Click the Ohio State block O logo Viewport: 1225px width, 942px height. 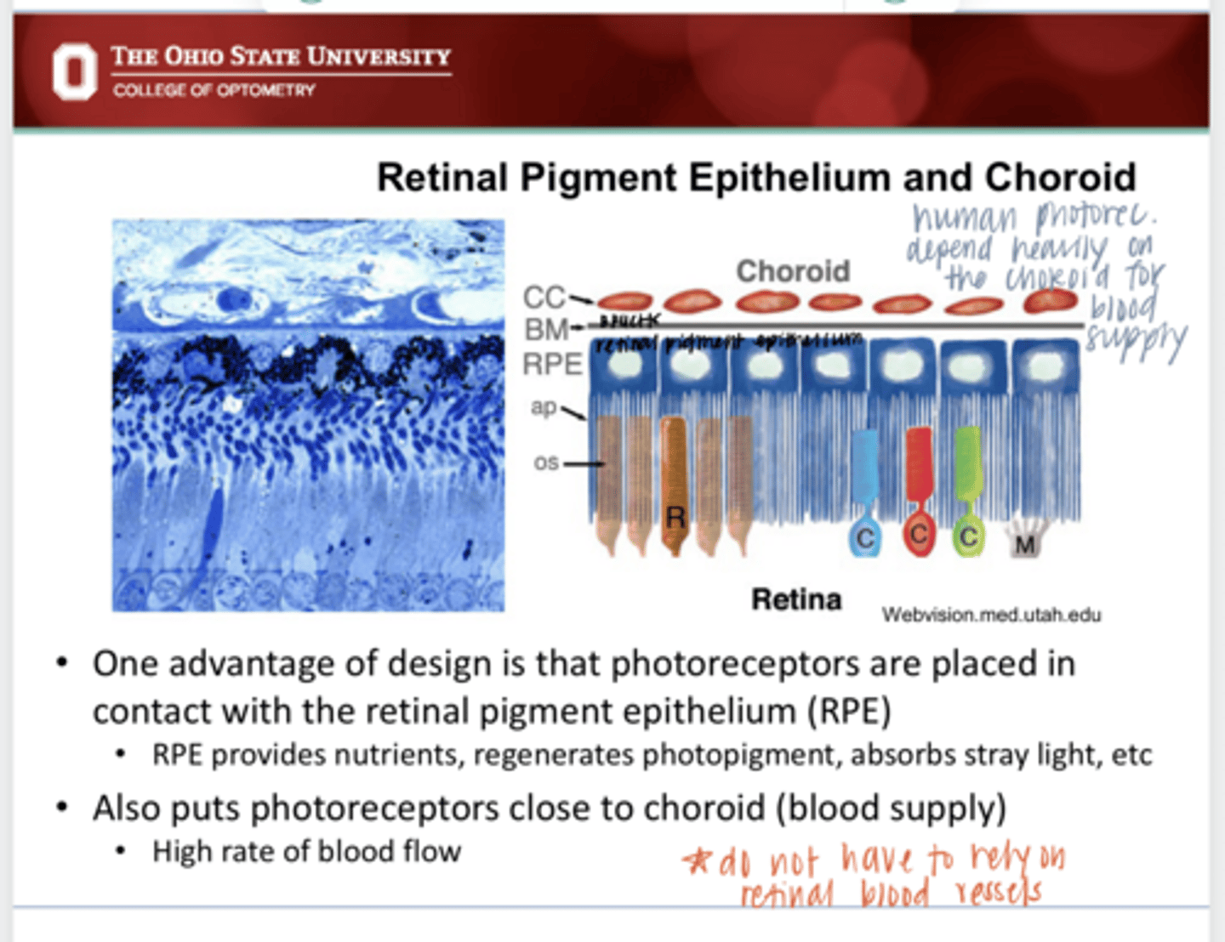point(75,72)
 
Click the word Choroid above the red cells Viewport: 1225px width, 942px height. point(793,271)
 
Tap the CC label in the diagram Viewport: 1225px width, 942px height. point(544,297)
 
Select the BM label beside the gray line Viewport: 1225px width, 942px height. point(546,329)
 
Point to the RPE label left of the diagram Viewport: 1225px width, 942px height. point(552,364)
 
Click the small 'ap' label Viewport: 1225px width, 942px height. point(544,406)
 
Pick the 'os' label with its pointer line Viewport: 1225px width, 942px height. point(546,462)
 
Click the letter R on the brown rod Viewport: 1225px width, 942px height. point(675,516)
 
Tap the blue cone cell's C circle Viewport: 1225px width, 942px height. point(865,538)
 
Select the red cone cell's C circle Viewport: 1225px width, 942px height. point(918,536)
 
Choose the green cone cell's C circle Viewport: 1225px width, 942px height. point(968,536)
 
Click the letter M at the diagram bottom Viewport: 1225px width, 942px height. point(1025,544)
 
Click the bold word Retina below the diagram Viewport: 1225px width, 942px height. point(796,599)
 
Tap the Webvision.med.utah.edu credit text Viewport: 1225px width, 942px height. point(991,614)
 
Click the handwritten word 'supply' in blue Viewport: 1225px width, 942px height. point(1137,342)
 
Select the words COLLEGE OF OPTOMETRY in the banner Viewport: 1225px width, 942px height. point(214,90)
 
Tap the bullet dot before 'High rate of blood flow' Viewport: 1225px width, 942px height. point(122,851)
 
